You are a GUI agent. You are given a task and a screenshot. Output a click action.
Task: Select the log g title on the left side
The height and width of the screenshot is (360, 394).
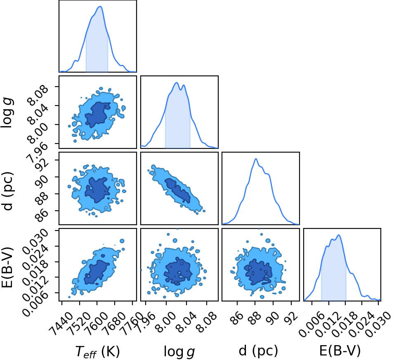pos(7,113)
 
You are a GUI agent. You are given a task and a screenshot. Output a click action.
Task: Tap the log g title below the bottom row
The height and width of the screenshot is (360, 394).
pos(179,351)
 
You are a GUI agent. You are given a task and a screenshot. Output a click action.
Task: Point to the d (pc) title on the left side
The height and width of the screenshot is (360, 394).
pos(7,191)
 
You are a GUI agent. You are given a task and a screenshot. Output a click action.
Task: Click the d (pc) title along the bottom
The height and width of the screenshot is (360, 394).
pos(258,350)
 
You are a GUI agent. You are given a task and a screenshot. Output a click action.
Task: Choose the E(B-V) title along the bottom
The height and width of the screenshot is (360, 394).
pos(340,350)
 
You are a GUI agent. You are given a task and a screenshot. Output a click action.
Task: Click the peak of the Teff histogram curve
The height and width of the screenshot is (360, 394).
pos(100,7)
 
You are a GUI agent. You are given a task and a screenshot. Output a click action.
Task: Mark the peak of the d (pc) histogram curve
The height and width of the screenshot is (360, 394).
pos(256,159)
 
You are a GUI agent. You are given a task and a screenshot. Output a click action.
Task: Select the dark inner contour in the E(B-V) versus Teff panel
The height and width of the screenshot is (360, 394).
pos(97,272)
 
